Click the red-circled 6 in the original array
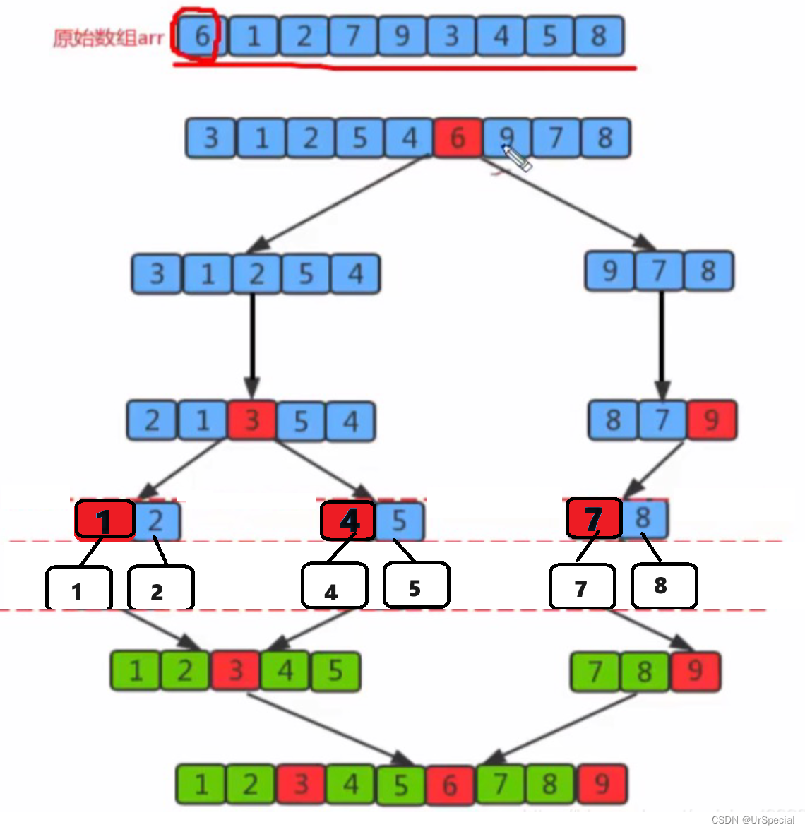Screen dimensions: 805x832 (x=201, y=36)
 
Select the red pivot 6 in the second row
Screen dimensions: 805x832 (x=458, y=138)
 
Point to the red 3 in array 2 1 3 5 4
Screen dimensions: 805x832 (x=251, y=422)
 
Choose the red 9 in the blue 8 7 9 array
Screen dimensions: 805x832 (x=712, y=420)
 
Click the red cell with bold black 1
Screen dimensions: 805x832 (x=105, y=521)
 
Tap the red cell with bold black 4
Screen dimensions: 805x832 (x=349, y=521)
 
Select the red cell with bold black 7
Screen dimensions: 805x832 (x=594, y=519)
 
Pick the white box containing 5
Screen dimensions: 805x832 (x=416, y=586)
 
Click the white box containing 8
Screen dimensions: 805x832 (x=663, y=586)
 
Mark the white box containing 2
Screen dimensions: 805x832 (x=160, y=588)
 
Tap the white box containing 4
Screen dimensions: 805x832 (x=334, y=586)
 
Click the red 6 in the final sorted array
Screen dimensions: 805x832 (x=451, y=785)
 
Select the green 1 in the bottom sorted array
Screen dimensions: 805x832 (x=201, y=785)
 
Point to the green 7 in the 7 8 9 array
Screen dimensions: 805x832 (x=595, y=672)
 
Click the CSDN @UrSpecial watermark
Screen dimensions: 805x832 (x=753, y=820)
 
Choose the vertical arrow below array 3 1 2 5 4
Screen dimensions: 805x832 (x=253, y=346)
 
